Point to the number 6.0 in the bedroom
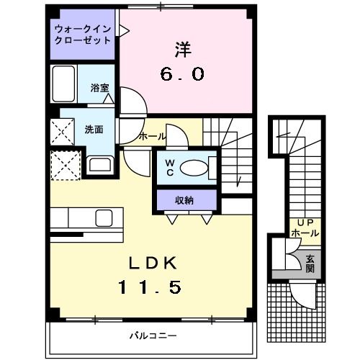183,73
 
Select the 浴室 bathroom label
99,88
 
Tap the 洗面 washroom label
94,130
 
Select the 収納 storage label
184,199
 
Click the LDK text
152,261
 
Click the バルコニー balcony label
153,336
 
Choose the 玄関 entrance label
310,263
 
